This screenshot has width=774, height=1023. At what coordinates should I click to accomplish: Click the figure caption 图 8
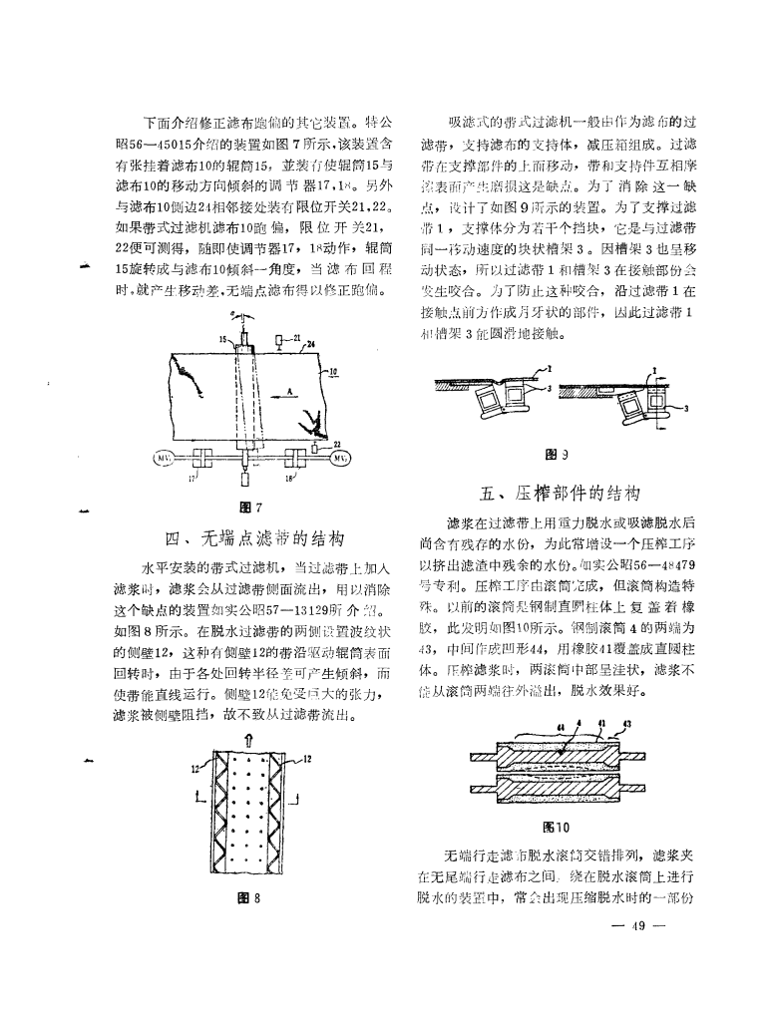(x=254, y=897)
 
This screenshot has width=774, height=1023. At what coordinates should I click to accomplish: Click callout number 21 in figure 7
(x=296, y=339)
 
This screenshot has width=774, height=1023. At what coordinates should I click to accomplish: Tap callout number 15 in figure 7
(x=224, y=339)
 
